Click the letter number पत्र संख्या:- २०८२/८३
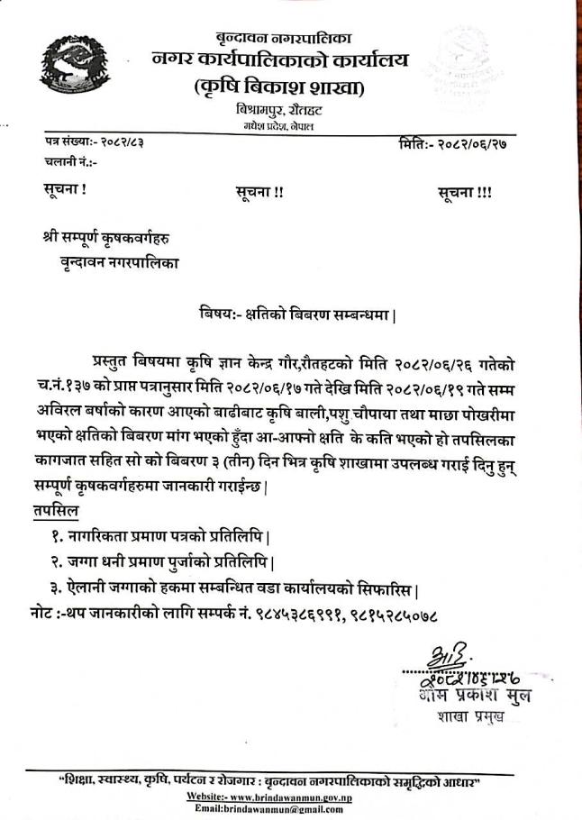coord(101,145)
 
